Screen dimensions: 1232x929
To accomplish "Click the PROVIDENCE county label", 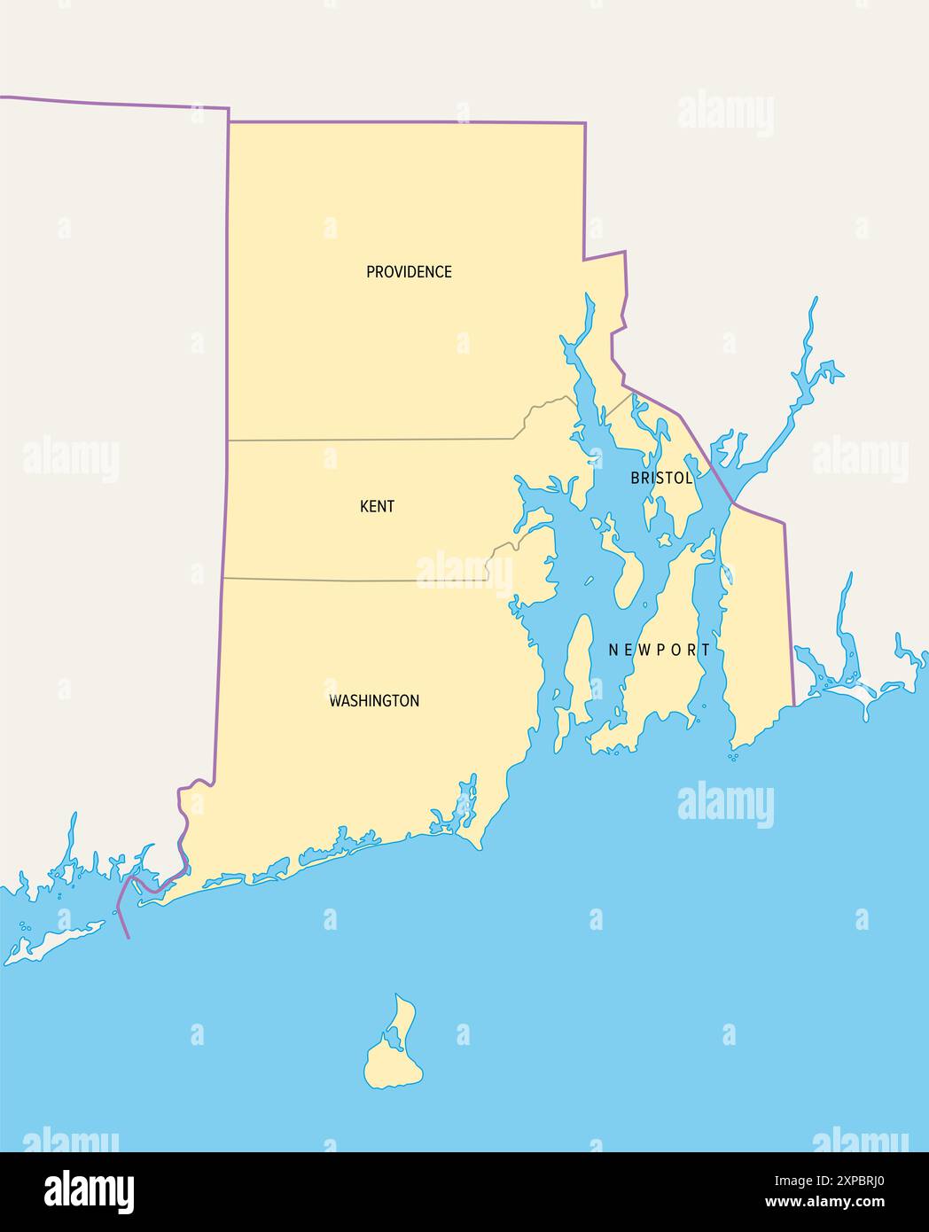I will [x=409, y=272].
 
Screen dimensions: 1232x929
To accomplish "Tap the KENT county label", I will [x=377, y=507].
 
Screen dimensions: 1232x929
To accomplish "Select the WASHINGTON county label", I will [x=374, y=701].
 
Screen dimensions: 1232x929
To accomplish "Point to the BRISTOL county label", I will [x=661, y=479].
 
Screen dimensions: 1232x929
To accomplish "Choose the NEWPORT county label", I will [x=660, y=650].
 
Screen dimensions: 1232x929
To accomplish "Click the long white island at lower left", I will [x=53, y=943].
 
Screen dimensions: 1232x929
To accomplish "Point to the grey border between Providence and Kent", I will [x=372, y=439].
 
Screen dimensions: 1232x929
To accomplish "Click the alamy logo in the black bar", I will [x=89, y=1190].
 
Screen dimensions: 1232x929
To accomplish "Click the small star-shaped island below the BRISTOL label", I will [x=662, y=539].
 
